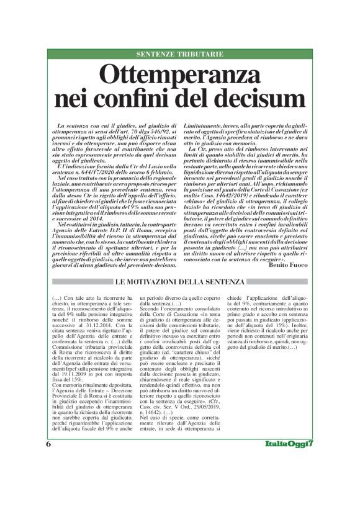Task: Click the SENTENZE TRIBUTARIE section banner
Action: [x=179, y=55]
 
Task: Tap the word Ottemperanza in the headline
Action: [x=180, y=76]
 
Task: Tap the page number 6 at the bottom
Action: [x=48, y=497]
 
